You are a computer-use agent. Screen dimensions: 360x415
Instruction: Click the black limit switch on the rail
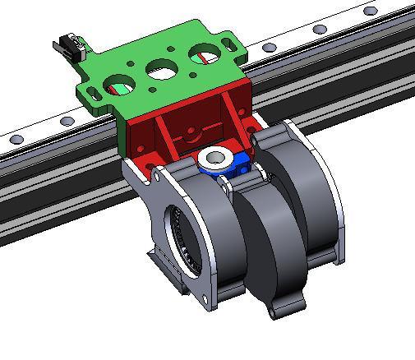[69, 46]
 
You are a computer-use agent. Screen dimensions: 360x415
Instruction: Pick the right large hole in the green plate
[205, 57]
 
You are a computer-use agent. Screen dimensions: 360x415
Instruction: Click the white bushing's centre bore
[216, 157]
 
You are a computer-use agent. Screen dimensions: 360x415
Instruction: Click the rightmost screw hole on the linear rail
[371, 12]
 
